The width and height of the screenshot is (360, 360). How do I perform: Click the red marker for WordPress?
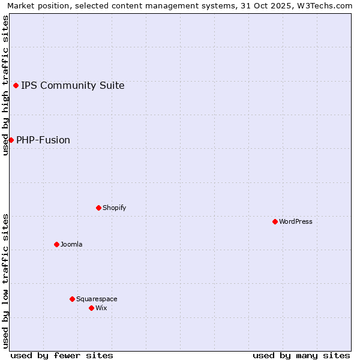point(275,221)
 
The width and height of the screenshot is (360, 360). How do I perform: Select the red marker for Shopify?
point(98,208)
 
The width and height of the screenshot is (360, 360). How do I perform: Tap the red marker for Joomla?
point(56,244)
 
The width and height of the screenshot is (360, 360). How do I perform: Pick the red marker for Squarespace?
point(72,299)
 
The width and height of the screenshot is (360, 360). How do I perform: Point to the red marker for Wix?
point(91,308)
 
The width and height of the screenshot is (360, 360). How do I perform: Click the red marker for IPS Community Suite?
point(16,85)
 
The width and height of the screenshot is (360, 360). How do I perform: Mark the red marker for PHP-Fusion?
point(11,140)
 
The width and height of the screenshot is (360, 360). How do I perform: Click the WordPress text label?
point(296,221)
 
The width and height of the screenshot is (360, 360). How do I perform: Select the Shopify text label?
point(114,208)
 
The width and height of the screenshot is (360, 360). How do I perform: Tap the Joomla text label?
point(71,244)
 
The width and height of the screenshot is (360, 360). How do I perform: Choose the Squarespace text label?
point(97,299)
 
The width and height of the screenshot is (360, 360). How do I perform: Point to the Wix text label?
point(101,308)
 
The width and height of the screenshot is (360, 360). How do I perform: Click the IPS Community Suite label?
point(73,85)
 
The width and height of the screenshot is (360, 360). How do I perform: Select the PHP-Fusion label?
point(43,140)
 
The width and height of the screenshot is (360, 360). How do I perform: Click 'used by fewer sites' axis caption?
point(62,355)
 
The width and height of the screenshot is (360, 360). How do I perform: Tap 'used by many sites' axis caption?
point(301,355)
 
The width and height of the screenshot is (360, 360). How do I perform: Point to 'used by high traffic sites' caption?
point(5,85)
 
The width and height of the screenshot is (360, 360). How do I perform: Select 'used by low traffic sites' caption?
point(5,280)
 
